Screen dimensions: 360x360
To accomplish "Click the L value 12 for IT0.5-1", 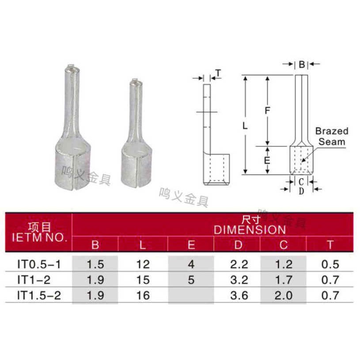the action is pos(143,264).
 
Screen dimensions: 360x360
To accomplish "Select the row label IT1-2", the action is pos(34,280).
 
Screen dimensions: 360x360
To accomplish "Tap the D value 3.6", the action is pos(239,295).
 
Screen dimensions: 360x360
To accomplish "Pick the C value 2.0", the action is pos(284,295).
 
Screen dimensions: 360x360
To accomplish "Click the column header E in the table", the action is pos(191,245).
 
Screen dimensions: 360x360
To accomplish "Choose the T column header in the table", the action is pos(330,245).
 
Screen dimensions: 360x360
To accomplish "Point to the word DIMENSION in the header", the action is pos(250,230).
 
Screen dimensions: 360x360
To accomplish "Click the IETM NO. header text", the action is pos(39,237).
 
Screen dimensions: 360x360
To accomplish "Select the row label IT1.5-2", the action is pos(39,295).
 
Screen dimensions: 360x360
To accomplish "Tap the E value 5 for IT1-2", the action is pos(191,280).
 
